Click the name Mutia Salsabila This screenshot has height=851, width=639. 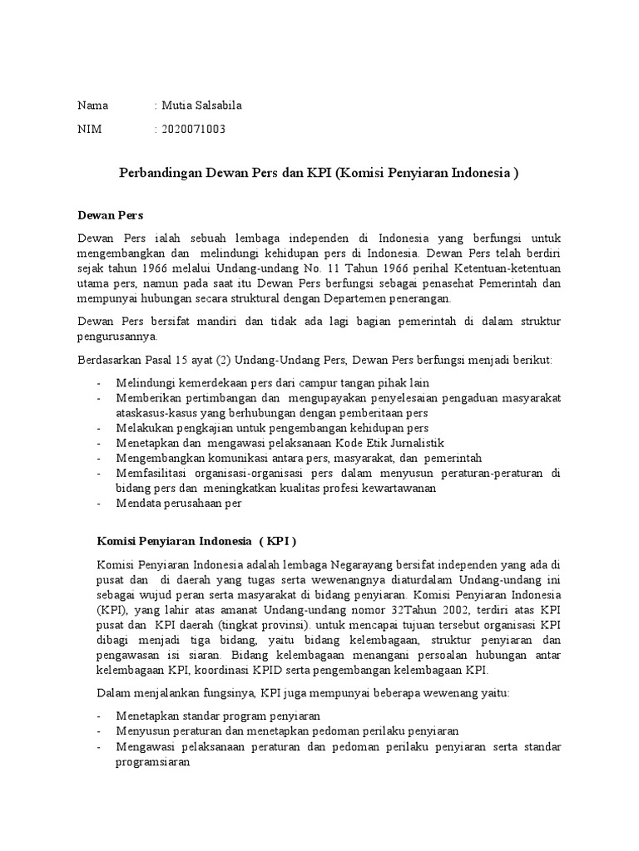pos(202,106)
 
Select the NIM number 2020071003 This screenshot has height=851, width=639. pos(193,129)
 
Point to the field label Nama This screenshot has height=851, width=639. pos(93,106)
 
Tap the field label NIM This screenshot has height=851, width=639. pos(89,129)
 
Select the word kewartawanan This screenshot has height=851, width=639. pos(389,488)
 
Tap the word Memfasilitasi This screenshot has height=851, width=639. pos(151,473)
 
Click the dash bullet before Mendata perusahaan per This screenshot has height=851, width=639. pos(99,503)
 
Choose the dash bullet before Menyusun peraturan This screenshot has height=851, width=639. pos(99,730)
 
